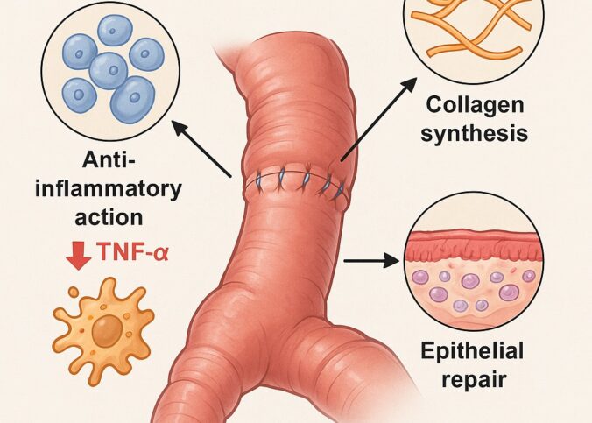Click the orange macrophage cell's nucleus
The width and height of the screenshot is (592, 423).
pos(107,330)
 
